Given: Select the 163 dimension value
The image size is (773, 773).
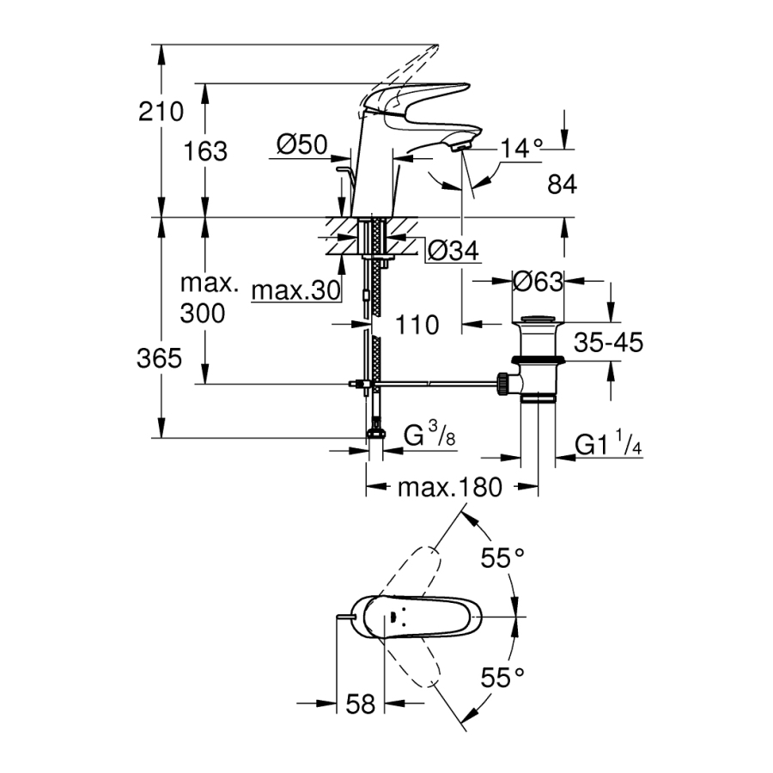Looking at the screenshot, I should tap(206, 151).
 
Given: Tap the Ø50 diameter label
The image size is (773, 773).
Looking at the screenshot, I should tap(303, 145).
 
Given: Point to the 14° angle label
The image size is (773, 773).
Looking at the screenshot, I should tap(522, 149).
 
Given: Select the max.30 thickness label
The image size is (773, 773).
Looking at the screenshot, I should tap(292, 292).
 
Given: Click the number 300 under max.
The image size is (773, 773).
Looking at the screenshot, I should tap(203, 313).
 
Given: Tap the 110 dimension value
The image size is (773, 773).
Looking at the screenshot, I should tap(418, 325).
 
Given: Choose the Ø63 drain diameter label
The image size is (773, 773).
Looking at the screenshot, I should tap(538, 281).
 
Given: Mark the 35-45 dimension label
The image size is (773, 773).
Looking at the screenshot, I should tap(609, 344).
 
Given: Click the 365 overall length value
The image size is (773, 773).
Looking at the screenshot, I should tap(161, 358).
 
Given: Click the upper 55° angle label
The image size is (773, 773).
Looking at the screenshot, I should tap(502, 558).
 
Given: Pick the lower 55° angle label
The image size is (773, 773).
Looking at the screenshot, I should tap(502, 678).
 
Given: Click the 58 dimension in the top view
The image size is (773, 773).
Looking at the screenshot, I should tap(362, 704).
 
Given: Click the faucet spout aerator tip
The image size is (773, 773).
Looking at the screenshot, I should tap(460, 147).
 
